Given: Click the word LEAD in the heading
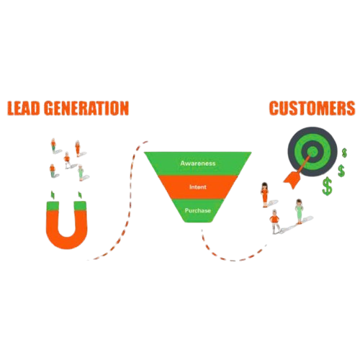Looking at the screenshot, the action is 24,108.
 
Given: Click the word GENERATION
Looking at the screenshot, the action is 87,108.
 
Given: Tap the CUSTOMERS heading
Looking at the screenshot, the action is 312,108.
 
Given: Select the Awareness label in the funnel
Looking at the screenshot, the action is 198,163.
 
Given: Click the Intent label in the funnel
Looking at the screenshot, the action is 198,186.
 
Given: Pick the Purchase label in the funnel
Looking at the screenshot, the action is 198,210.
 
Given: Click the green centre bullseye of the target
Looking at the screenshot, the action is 312,151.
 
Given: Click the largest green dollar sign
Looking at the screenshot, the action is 327,186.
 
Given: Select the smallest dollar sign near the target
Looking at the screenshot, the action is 344,153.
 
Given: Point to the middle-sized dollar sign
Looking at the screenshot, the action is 341,171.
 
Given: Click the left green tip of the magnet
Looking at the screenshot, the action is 53,206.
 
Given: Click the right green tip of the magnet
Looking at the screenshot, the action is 80,206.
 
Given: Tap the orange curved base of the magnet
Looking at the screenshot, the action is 66,241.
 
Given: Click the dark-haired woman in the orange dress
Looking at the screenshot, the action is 264,194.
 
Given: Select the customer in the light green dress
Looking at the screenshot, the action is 299,212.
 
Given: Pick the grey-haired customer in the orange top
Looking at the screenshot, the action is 275,222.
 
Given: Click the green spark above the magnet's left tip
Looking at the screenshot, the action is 53,194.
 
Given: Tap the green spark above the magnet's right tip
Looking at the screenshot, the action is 80,194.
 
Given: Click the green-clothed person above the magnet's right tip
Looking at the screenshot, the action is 81,172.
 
